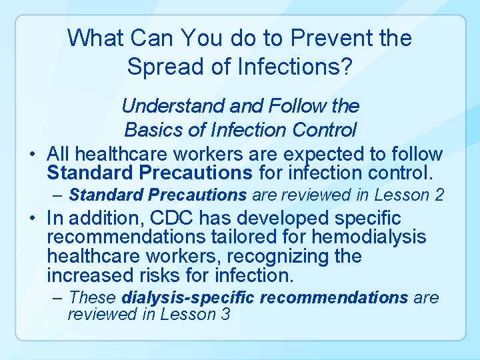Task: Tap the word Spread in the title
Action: tap(161, 67)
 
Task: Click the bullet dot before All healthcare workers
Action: tap(32, 155)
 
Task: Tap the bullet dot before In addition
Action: tap(32, 218)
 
